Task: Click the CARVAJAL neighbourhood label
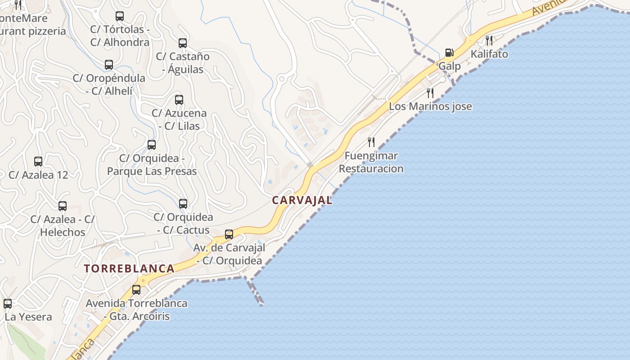click(302, 201)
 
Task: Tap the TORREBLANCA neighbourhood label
click(129, 269)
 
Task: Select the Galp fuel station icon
click(449, 53)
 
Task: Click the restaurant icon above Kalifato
click(489, 40)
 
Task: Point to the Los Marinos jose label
click(431, 107)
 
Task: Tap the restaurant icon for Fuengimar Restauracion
click(371, 142)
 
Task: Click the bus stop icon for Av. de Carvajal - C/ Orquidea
click(229, 234)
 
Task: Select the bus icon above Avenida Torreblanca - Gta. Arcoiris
click(136, 289)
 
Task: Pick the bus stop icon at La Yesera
click(8, 303)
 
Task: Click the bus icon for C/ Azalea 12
click(38, 161)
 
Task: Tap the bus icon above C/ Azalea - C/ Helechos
click(63, 206)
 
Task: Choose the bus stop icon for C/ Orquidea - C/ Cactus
click(183, 203)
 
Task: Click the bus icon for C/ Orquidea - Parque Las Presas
click(152, 144)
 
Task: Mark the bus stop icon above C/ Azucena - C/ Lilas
click(179, 99)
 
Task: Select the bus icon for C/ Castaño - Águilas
click(183, 43)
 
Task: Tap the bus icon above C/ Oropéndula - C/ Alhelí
click(109, 64)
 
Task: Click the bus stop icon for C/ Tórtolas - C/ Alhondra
click(120, 16)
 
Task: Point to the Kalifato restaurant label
click(489, 54)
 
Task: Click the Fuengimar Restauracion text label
click(371, 162)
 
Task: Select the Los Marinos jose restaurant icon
click(430, 93)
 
